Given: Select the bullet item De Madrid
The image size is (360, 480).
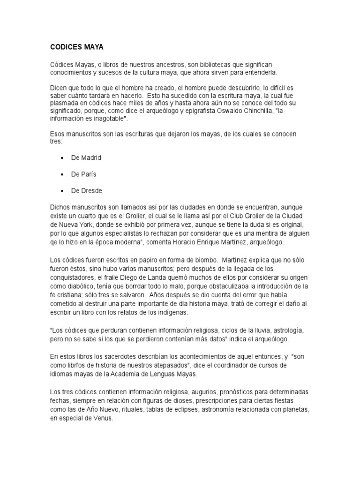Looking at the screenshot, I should point(86,158).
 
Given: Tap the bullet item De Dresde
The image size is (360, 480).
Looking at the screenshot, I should point(86,191).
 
